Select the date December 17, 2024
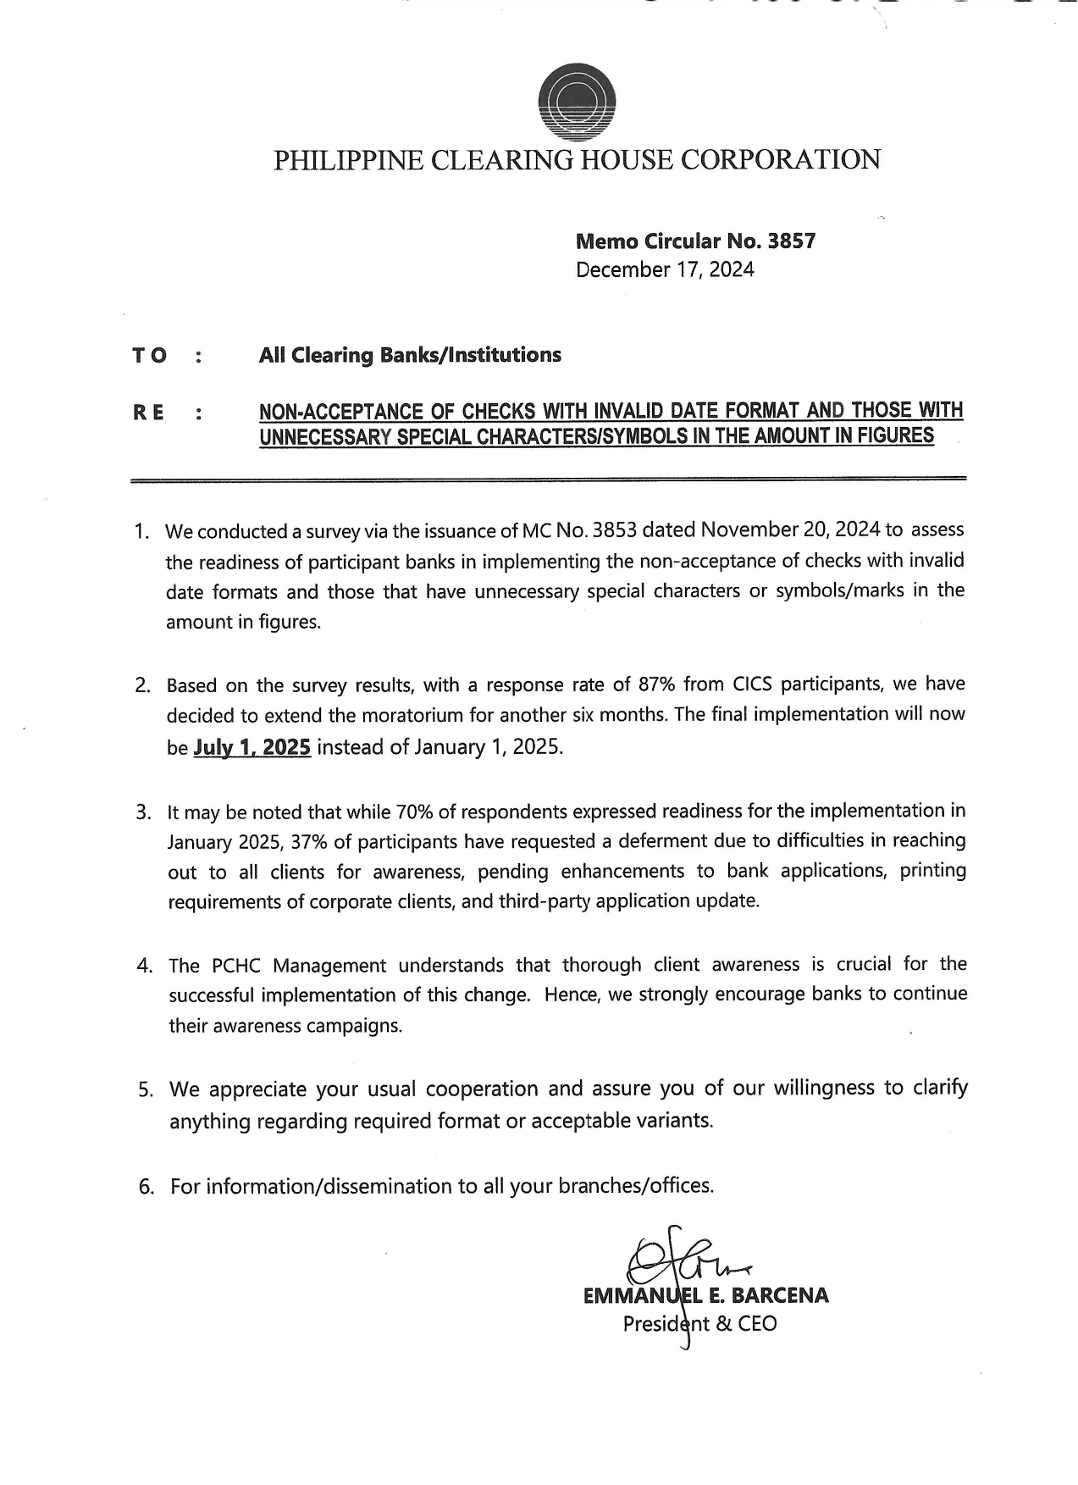click(665, 270)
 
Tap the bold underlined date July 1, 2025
click(252, 748)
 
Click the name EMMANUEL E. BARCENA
click(705, 1295)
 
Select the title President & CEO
click(699, 1323)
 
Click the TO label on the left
click(149, 356)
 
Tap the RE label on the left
click(148, 413)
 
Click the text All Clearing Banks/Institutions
click(410, 355)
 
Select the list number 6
click(146, 1187)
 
